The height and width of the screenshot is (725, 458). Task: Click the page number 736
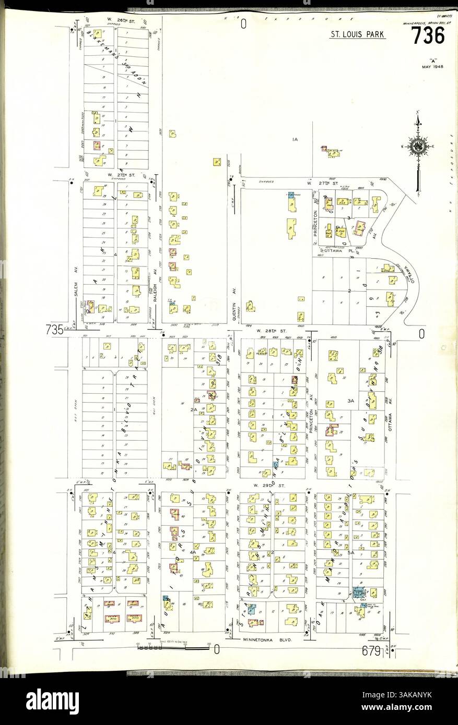(x=428, y=35)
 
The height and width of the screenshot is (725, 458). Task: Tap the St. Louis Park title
(x=358, y=35)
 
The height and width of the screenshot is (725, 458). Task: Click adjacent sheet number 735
(x=54, y=330)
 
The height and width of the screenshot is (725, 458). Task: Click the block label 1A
(x=295, y=139)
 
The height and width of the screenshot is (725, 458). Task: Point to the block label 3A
(x=351, y=401)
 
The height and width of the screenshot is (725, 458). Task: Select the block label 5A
(x=351, y=552)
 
